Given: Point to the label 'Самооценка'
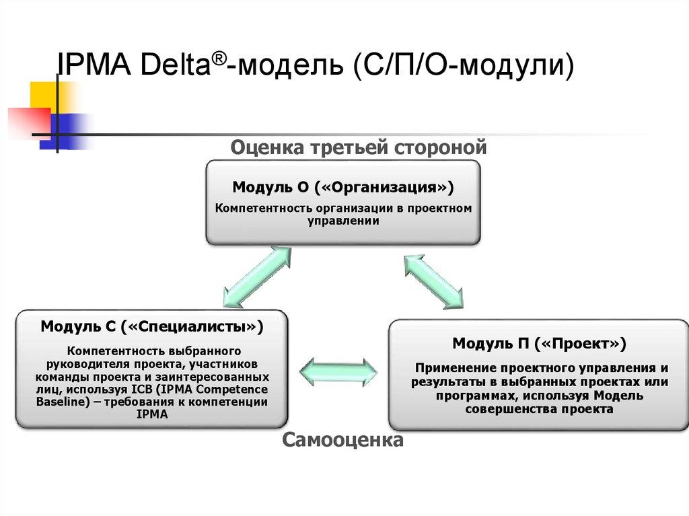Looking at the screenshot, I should [342, 441].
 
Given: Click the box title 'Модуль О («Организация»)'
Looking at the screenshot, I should [343, 186].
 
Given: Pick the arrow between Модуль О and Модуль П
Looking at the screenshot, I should [433, 281].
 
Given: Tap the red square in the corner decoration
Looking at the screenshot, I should [28, 122].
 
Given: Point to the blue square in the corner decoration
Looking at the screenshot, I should [71, 130].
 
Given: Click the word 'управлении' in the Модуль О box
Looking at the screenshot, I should [343, 221].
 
